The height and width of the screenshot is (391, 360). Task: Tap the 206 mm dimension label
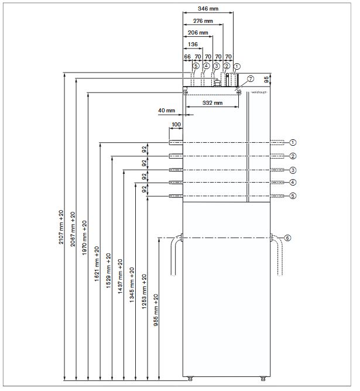coord(197,33)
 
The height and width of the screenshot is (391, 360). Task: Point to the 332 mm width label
coord(212,103)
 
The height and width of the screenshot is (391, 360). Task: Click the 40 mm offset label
coord(167,110)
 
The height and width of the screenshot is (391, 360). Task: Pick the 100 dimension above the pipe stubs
coord(176,125)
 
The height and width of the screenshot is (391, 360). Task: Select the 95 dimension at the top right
coord(267,78)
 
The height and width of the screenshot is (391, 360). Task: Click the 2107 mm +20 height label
coord(61,227)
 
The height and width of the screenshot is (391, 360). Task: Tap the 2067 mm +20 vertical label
coord(73,229)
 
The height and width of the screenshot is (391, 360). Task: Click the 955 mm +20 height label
coord(156,310)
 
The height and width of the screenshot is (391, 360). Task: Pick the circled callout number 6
coord(287,238)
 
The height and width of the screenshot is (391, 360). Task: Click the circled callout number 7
coord(250,78)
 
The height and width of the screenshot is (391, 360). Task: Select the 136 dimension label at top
coord(193,44)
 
